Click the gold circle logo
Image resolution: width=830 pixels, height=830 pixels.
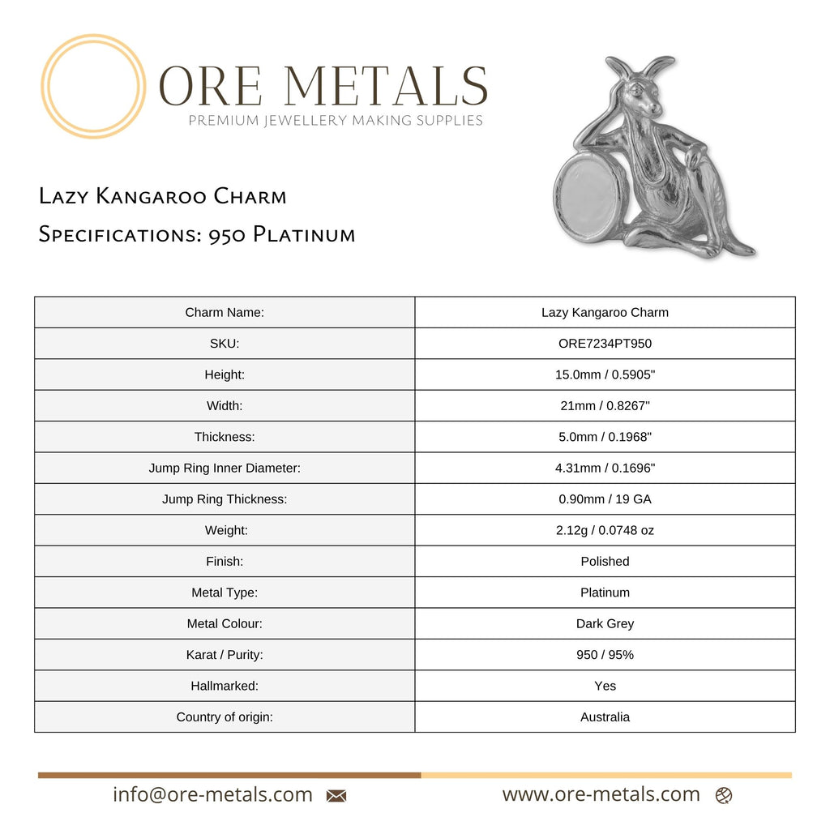tap(93, 86)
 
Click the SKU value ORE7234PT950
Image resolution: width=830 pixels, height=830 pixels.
tap(605, 344)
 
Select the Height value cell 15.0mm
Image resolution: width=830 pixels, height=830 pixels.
tap(605, 374)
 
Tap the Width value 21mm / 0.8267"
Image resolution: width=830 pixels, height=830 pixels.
tap(605, 406)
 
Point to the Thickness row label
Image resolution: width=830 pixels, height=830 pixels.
tap(225, 437)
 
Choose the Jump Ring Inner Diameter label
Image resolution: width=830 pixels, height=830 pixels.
tap(225, 468)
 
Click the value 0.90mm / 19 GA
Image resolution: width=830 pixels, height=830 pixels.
tap(605, 499)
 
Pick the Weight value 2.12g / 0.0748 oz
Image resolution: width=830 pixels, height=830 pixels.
tap(605, 531)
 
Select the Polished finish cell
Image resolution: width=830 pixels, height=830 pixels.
tap(605, 562)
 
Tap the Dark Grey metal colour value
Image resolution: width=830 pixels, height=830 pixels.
tap(605, 624)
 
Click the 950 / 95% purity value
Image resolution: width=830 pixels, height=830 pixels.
tap(605, 655)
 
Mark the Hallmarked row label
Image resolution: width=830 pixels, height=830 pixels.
tap(225, 687)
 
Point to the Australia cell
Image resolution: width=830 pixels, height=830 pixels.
tap(605, 717)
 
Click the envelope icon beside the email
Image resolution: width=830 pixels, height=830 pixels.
tap(336, 796)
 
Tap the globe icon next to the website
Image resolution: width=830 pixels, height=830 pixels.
tap(724, 796)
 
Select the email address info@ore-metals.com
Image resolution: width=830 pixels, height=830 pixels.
tap(212, 795)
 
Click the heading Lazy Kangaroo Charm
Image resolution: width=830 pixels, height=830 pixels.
tap(162, 196)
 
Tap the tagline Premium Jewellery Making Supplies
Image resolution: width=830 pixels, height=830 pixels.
tap(336, 121)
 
